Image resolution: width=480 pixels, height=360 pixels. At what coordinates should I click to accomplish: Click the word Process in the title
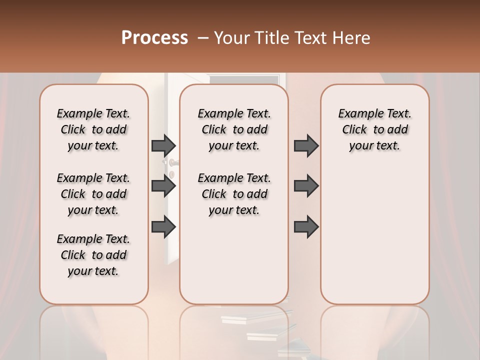[154, 38]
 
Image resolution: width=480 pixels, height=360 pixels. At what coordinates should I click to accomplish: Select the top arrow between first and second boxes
[163, 145]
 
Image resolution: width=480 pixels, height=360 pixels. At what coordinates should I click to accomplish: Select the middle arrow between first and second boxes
[163, 186]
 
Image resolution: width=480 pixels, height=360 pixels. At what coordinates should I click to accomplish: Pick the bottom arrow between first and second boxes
[163, 227]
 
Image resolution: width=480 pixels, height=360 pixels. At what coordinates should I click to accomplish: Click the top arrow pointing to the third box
[306, 145]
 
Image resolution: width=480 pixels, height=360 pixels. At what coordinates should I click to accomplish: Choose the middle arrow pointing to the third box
[306, 186]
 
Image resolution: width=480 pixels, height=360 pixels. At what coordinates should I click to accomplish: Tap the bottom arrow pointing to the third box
[306, 227]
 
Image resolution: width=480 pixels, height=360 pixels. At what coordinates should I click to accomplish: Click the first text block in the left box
[93, 129]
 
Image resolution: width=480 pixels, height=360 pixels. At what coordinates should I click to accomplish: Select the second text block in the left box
[93, 194]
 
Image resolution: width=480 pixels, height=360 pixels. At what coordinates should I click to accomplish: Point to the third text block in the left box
[93, 255]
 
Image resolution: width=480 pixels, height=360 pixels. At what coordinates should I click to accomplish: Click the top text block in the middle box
[234, 129]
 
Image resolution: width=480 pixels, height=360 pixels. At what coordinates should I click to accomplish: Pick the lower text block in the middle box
[234, 194]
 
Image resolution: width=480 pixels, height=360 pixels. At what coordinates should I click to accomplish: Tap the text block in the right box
[374, 129]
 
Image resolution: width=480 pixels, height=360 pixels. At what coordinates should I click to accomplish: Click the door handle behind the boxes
[172, 162]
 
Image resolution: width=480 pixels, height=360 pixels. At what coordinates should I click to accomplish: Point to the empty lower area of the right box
[374, 235]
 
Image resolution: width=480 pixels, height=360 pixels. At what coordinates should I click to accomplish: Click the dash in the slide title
[203, 38]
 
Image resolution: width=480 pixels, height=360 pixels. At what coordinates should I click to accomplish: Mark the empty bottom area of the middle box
[234, 265]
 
